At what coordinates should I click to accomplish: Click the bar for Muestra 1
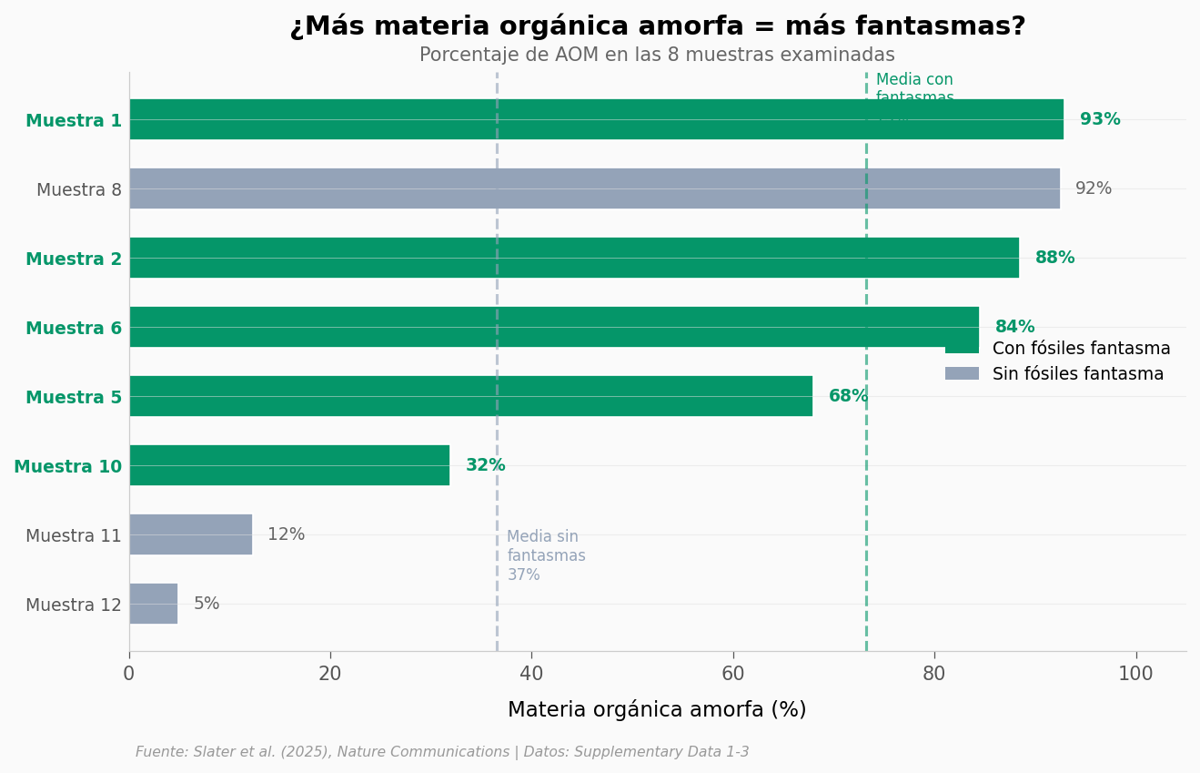point(596,119)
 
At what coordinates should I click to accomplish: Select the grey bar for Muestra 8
point(594,188)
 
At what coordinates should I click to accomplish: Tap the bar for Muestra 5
point(470,396)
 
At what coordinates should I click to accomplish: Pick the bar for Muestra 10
point(289,465)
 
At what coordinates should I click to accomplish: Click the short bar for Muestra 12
point(153,604)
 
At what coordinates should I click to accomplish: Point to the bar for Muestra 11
point(190,534)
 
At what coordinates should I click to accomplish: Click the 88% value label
point(1054,258)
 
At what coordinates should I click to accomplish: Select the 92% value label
point(1093,188)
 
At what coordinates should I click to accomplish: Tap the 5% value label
point(207,604)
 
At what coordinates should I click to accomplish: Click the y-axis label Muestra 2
point(74,259)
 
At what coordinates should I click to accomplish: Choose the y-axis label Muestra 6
point(74,329)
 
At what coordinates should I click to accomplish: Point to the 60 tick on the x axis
point(732,675)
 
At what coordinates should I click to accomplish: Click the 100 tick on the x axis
point(1135,675)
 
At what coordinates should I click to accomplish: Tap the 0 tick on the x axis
point(129,675)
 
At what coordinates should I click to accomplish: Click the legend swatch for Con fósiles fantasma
point(962,348)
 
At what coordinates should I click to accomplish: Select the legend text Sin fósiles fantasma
point(1078,374)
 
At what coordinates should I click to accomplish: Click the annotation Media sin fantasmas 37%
point(546,555)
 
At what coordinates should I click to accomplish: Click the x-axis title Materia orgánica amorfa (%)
point(657,710)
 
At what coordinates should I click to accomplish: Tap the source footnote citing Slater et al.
point(442,752)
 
